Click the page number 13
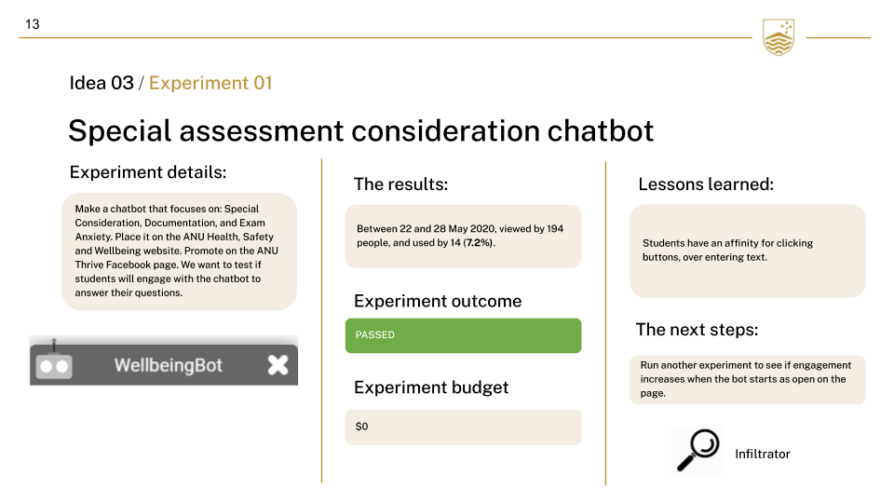coord(33,24)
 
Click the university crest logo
coord(779,37)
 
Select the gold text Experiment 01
coord(210,83)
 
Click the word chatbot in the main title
coord(600,130)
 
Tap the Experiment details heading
coord(148,172)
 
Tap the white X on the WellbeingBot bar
coord(278,365)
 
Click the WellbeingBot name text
coord(169,365)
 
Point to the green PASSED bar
coord(463,335)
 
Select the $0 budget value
coord(361,427)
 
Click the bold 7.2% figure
coord(479,243)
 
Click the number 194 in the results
coord(555,229)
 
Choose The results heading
coord(400,184)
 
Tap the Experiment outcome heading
coord(438,301)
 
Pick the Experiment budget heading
coord(431,387)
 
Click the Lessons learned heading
coord(706,184)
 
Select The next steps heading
coord(697,330)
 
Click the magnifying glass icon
coord(698,451)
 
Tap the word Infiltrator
coord(763,454)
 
